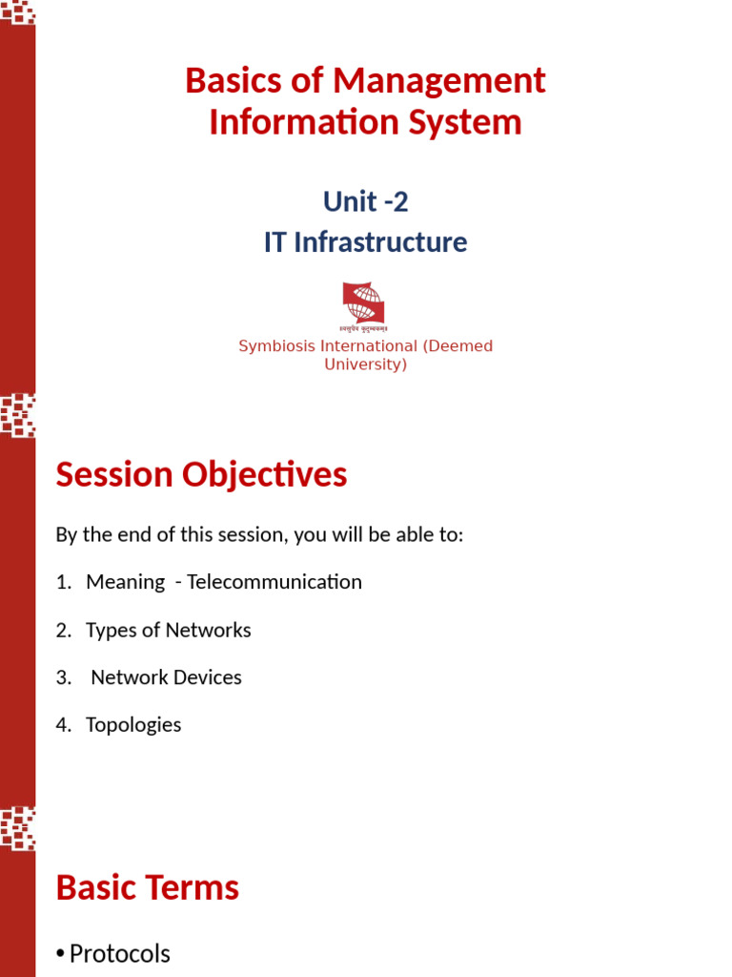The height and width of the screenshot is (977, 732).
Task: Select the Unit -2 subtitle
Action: click(365, 201)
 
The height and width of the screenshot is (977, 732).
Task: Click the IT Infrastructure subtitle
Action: click(365, 242)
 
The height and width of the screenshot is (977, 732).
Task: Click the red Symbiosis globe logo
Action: click(363, 302)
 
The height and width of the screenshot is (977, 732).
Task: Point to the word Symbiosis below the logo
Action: click(279, 346)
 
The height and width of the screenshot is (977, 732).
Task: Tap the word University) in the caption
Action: click(365, 364)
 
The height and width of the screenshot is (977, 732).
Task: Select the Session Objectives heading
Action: click(201, 474)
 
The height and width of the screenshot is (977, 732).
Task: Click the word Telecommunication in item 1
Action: click(274, 582)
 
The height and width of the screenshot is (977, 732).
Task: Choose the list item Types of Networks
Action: click(168, 630)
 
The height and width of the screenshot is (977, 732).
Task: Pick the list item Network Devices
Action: click(166, 677)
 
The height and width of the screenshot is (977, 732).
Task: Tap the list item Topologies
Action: click(132, 724)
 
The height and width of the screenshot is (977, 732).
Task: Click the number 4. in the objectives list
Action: click(64, 724)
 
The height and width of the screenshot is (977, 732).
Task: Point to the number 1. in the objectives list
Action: click(64, 582)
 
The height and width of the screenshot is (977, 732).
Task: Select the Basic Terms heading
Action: click(147, 887)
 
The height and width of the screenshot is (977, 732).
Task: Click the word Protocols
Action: click(120, 953)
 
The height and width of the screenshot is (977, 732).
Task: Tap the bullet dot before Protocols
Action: click(60, 954)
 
